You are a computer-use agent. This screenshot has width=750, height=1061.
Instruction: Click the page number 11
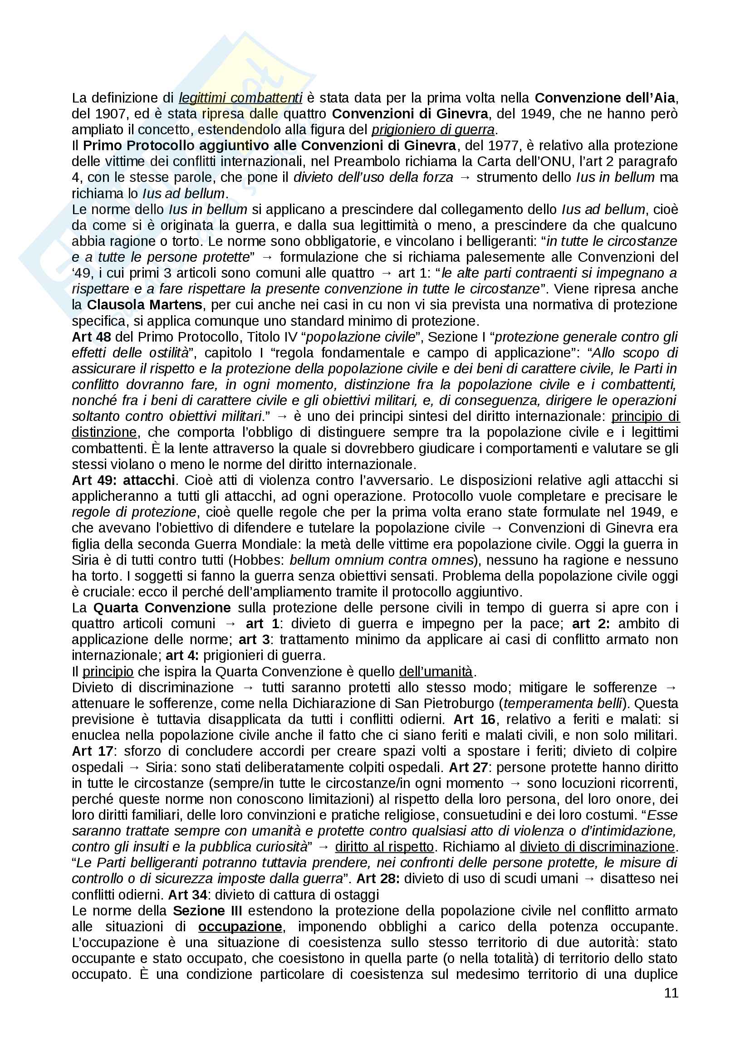point(671,993)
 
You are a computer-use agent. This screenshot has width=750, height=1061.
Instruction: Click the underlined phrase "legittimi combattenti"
point(240,98)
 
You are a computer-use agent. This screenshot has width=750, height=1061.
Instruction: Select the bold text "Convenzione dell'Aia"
point(605,98)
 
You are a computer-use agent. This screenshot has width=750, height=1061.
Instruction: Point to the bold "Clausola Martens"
point(145,305)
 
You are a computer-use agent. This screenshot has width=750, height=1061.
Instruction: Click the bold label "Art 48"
point(91,337)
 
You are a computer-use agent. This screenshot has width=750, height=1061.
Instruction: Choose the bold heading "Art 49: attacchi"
point(123,480)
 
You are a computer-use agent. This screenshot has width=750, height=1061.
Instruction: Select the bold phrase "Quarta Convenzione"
point(162,608)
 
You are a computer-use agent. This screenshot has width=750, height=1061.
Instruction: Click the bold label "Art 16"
point(474,719)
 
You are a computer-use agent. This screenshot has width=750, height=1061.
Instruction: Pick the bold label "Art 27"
point(468,768)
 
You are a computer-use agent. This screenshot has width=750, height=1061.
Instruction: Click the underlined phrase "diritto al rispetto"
point(384,847)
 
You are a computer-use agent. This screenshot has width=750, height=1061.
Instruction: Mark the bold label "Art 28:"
point(378,879)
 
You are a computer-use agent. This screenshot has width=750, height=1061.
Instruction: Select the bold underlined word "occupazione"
point(240,927)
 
